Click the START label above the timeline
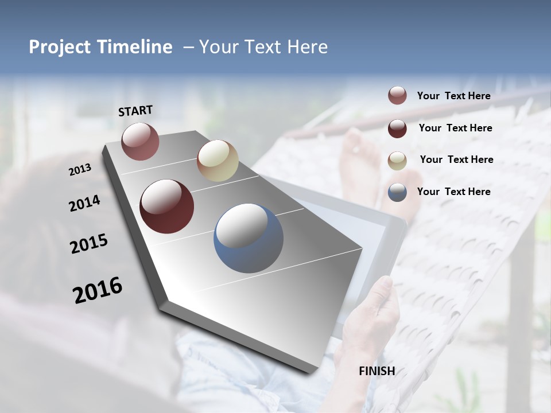pyautogui.click(x=135, y=111)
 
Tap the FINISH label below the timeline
pyautogui.click(x=377, y=371)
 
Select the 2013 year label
pyautogui.click(x=80, y=170)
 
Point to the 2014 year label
pyautogui.click(x=84, y=204)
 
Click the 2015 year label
pyautogui.click(x=89, y=244)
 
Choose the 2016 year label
pyautogui.click(x=98, y=290)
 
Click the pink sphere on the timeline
pyautogui.click(x=140, y=141)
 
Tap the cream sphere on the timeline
pyautogui.click(x=218, y=161)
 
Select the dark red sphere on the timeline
pyautogui.click(x=166, y=206)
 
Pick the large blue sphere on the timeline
pyautogui.click(x=249, y=238)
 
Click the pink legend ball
pyautogui.click(x=397, y=96)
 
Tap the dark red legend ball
pyautogui.click(x=397, y=128)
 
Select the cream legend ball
pyautogui.click(x=397, y=161)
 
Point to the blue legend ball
pyautogui.click(x=397, y=192)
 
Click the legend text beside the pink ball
pyautogui.click(x=453, y=96)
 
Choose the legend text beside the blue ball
pyautogui.click(x=453, y=192)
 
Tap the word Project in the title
pyautogui.click(x=60, y=47)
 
